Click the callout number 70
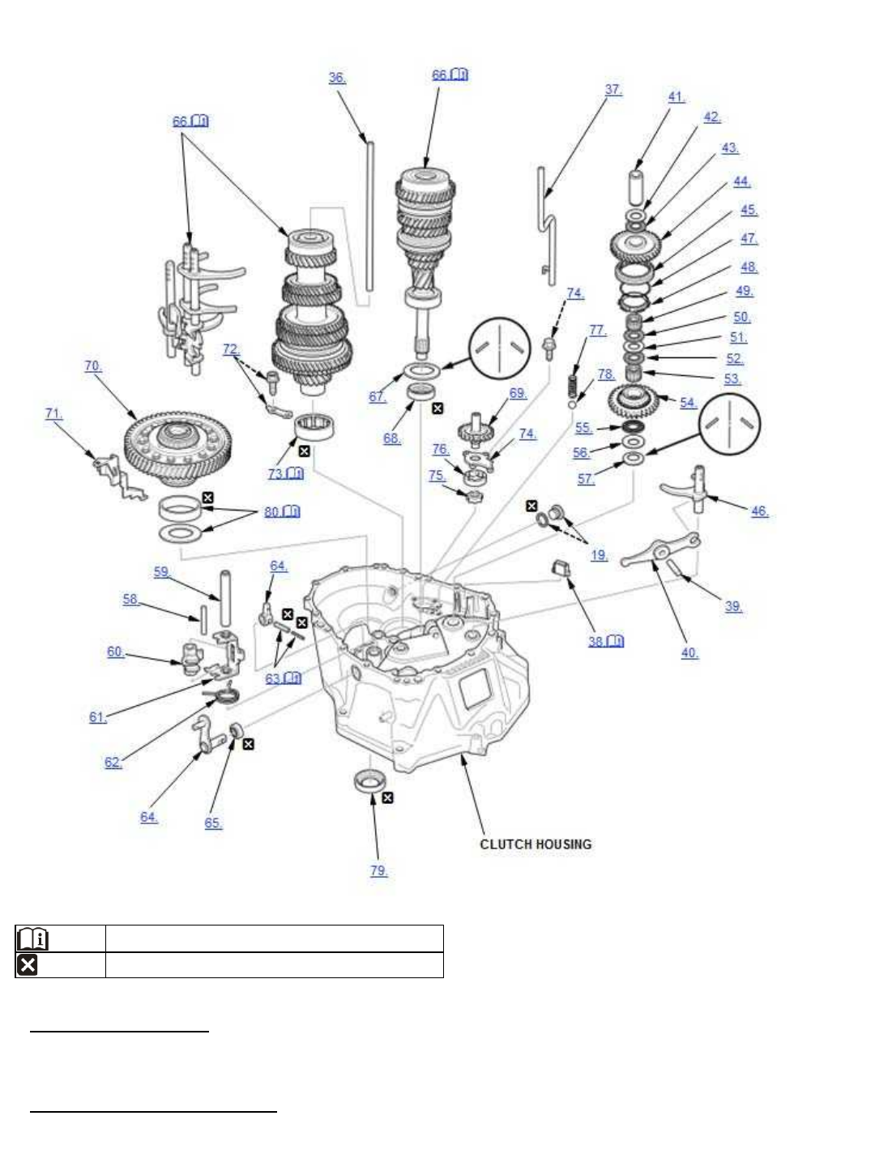pos(93,366)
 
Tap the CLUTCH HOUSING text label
pos(536,844)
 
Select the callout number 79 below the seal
pos(378,871)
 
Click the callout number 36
pos(336,78)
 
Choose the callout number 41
pos(676,96)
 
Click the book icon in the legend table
pos(32,938)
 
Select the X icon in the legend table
pos(27,965)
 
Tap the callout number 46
pos(759,511)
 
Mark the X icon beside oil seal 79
pos(388,798)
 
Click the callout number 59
pos(162,572)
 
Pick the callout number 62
pos(113,762)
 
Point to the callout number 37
pos(613,90)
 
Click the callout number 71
pos(53,413)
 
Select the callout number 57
pos(585,478)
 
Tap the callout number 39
pos(733,606)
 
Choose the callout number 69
pos(518,393)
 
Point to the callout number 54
pos(688,402)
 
